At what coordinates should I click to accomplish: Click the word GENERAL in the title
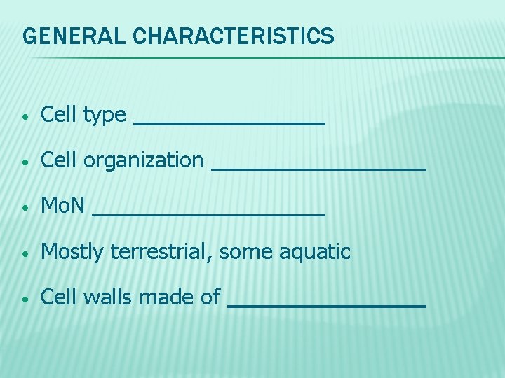pyautogui.click(x=65, y=36)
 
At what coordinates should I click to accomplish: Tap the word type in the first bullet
pyautogui.click(x=105, y=115)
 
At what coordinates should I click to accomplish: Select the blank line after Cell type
pyautogui.click(x=229, y=123)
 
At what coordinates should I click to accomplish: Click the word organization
pyautogui.click(x=143, y=161)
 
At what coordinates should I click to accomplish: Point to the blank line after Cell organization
pyautogui.click(x=318, y=169)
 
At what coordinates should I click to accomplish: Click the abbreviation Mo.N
pyautogui.click(x=63, y=206)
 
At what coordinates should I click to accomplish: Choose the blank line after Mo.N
pyautogui.click(x=209, y=214)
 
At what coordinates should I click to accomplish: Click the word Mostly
pyautogui.click(x=72, y=252)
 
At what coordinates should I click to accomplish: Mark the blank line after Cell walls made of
pyautogui.click(x=328, y=306)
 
